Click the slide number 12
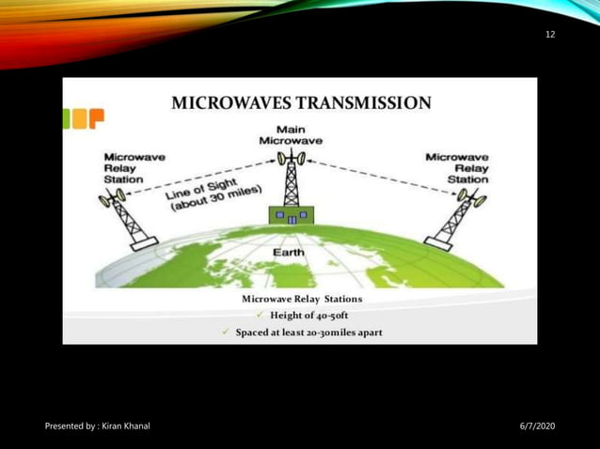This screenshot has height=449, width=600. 550,35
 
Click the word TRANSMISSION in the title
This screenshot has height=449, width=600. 366,102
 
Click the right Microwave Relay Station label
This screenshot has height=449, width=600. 456,167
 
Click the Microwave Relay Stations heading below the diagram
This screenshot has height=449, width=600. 301,298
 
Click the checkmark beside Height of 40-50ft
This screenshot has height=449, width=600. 259,315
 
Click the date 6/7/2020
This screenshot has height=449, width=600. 537,427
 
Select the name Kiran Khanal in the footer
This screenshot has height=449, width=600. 125,427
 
